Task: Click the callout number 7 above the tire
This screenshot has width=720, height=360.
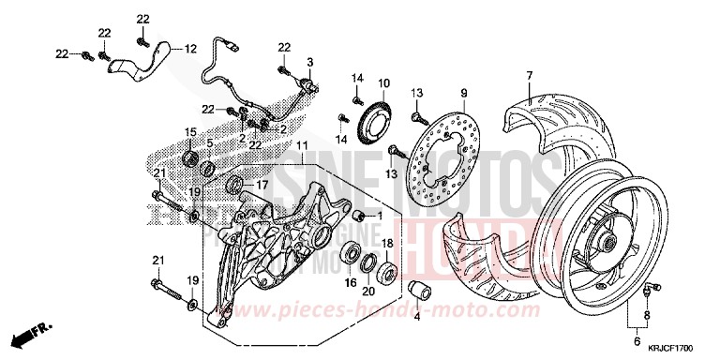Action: pos(529,74)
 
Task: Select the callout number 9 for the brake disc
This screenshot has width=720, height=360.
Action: pos(462,93)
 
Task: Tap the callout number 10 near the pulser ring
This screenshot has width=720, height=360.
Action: pos(383,82)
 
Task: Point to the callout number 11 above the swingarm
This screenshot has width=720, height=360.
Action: pos(301,146)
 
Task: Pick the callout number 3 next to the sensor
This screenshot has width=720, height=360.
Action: pos(308,61)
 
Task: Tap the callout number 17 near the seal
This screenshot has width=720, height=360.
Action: pos(263,185)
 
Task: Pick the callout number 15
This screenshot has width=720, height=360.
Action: pos(189,131)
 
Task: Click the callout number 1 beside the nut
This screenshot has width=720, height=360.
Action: pos(381,215)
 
